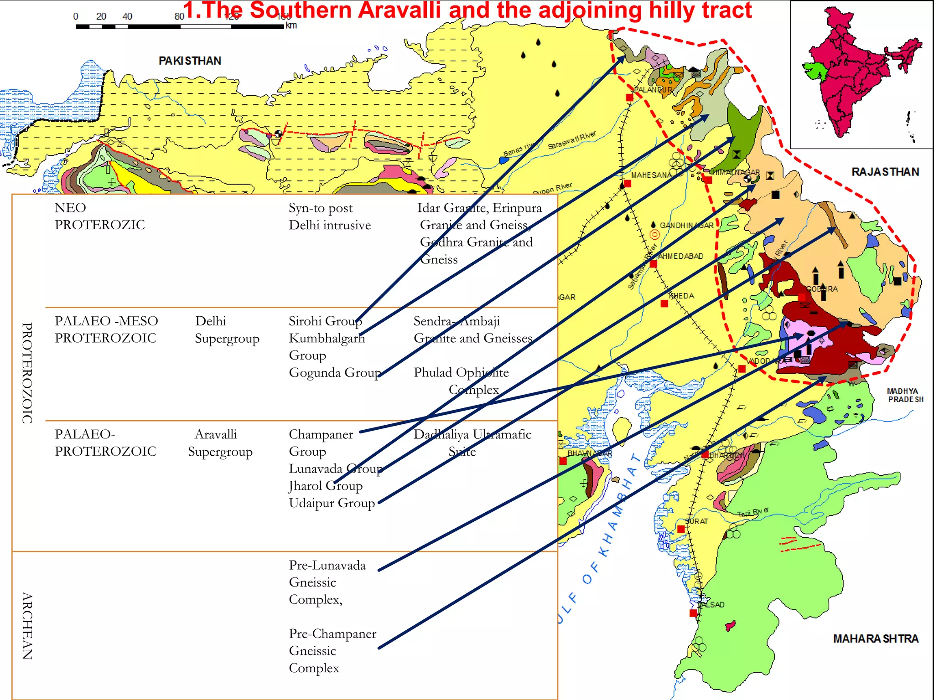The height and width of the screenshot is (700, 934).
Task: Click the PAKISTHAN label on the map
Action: click(190, 61)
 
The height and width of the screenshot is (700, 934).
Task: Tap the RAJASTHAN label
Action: click(885, 172)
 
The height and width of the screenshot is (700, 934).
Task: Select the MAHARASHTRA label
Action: click(875, 638)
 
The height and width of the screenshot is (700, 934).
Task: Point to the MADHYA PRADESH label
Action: click(905, 395)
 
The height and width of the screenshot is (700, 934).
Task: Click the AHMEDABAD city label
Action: click(680, 256)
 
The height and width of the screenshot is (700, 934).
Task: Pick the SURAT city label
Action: click(696, 521)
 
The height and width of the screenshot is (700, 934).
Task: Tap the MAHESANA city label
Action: click(651, 175)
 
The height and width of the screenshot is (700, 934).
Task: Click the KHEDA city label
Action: click(681, 296)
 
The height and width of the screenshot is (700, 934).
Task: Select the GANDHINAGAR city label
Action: click(686, 225)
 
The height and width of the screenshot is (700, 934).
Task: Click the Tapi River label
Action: click(753, 513)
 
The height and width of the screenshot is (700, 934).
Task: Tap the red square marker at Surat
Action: click(681, 529)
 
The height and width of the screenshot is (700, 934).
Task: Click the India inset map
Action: click(861, 74)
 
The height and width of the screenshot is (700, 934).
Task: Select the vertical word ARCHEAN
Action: click(27, 625)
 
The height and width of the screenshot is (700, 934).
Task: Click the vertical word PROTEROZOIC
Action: click(27, 373)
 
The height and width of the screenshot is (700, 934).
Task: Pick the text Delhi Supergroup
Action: click(227, 329)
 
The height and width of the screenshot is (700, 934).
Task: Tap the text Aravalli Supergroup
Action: click(220, 443)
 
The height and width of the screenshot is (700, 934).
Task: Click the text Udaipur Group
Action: click(332, 503)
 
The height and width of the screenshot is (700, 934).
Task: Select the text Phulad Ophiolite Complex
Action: click(461, 381)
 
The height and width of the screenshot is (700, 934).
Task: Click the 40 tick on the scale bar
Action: click(127, 17)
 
